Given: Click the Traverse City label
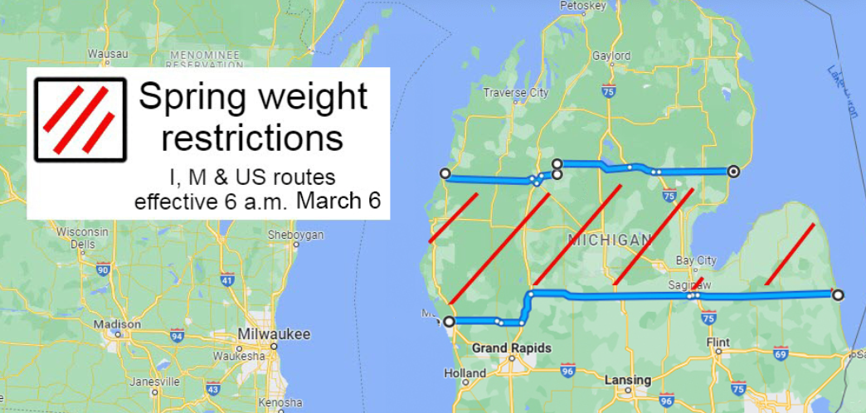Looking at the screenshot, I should [515, 92].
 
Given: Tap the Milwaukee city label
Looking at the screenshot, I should [274, 334].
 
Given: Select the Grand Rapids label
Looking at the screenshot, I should [511, 348].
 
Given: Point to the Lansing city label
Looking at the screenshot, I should [628, 380].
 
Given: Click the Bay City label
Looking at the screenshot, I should [696, 260].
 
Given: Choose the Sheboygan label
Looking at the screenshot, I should [295, 235].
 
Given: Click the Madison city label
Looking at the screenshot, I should [117, 324].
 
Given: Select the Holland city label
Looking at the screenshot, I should [465, 373].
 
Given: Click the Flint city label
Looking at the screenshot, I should [718, 342].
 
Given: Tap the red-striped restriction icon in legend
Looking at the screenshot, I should [80, 119].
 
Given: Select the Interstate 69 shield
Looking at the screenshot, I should [780, 354].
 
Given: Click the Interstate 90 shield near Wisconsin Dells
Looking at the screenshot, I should [103, 269].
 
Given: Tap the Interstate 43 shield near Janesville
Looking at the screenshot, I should [213, 388].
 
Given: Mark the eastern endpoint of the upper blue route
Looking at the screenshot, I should [733, 172].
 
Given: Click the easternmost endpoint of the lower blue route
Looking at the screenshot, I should [838, 294].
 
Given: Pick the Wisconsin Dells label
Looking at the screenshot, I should [82, 238].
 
